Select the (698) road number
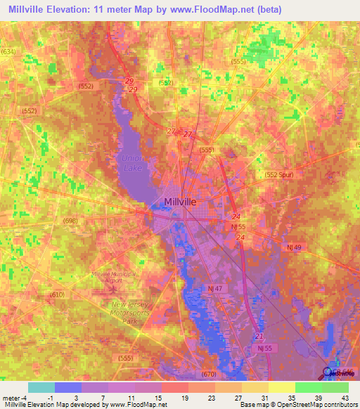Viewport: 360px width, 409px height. click(70, 221)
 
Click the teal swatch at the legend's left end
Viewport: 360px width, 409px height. click(41, 387)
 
